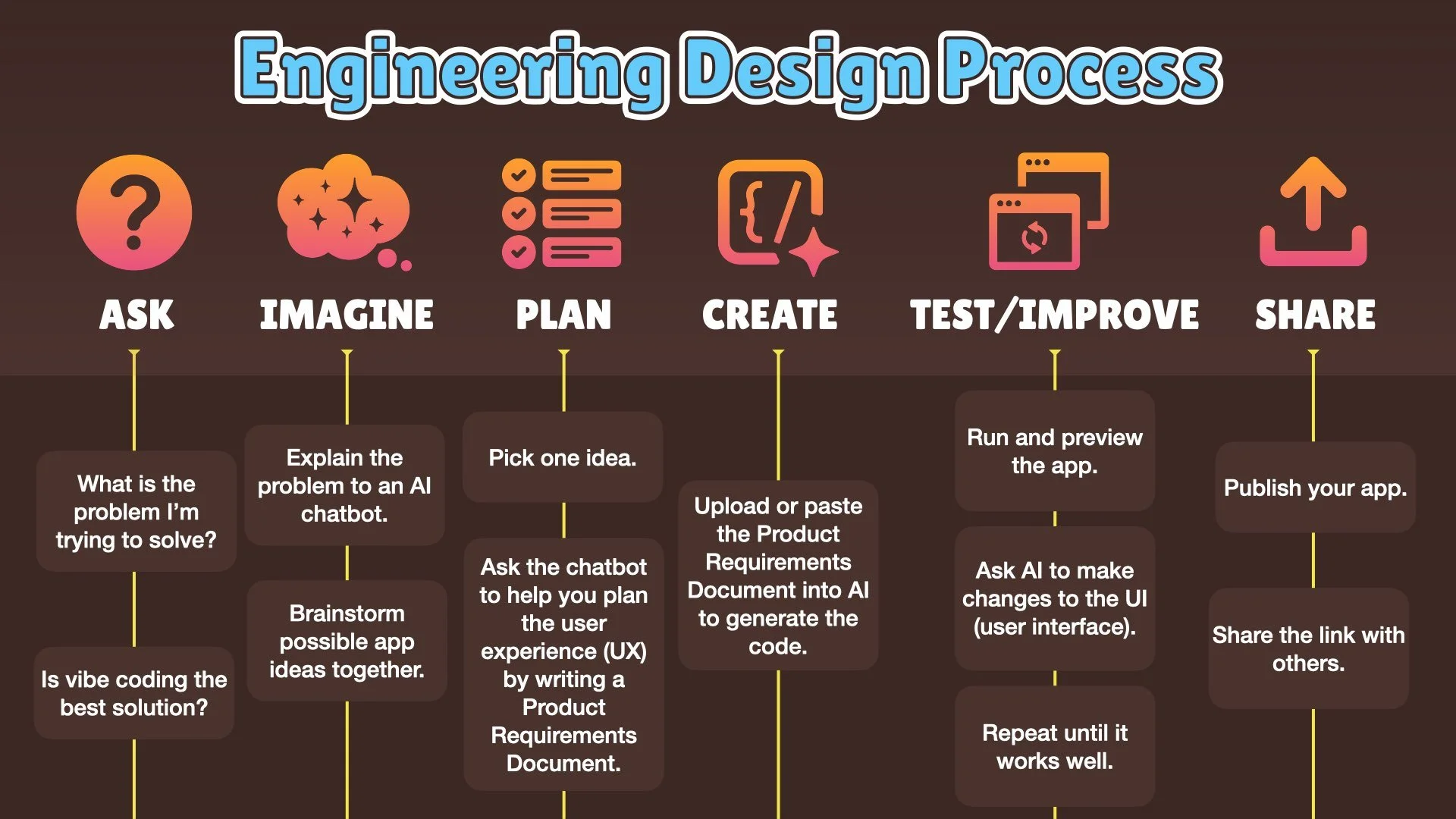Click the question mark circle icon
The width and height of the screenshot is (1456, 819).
[134, 212]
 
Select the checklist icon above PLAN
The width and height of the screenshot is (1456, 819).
[561, 213]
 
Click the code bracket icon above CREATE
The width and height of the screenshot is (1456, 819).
[773, 214]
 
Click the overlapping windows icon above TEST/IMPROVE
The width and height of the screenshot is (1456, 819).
[1048, 212]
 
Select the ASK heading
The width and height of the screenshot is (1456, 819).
[136, 315]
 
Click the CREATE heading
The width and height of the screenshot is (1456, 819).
[770, 315]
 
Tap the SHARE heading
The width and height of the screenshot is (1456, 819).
[1315, 315]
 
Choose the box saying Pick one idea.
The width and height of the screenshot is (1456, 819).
[563, 457]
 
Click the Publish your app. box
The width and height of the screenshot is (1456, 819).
[1315, 488]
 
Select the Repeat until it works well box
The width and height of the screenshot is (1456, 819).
[1055, 746]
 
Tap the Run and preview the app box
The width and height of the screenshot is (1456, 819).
[1055, 451]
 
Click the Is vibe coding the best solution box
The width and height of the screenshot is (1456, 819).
[134, 693]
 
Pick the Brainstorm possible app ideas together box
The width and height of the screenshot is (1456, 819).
[347, 641]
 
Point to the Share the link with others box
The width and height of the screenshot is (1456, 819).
[1309, 648]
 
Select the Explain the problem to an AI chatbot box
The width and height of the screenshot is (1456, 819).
[344, 485]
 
